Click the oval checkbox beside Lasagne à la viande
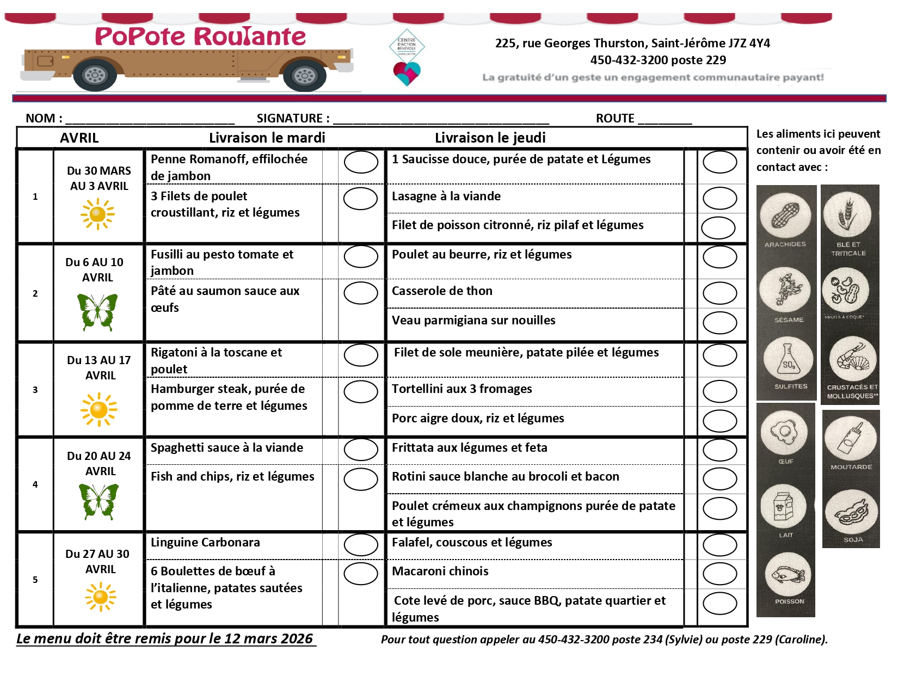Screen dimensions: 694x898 (719, 199)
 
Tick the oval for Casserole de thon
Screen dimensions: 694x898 (719, 293)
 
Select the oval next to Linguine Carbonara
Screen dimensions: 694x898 (361, 545)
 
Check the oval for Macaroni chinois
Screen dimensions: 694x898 (719, 574)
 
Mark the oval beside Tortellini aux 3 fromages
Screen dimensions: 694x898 (719, 391)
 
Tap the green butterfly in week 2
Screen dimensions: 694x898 (97, 312)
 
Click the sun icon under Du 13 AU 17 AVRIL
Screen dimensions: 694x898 (99, 409)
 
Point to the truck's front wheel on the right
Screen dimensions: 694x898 (304, 76)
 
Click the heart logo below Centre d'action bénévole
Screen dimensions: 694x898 (407, 73)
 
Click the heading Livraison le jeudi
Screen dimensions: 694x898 (490, 138)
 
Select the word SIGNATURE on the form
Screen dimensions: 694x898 (290, 118)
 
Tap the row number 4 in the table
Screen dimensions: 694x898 (35, 484)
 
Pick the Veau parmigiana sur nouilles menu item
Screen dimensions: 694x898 (473, 320)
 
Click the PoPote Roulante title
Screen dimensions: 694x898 (200, 36)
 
